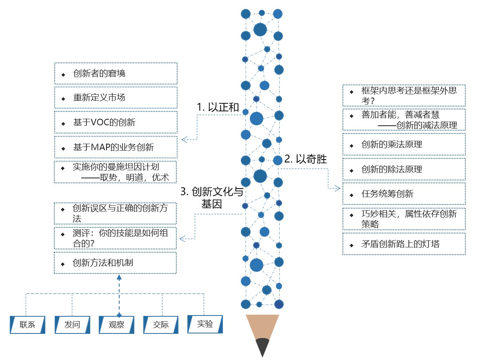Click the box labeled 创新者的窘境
[x=116, y=73]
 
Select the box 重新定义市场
[x=116, y=98]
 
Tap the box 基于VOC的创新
[x=116, y=122]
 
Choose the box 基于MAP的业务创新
[x=116, y=147]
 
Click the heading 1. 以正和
[x=218, y=107]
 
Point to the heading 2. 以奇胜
[x=306, y=159]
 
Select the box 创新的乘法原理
[x=404, y=144]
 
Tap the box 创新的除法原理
[x=404, y=169]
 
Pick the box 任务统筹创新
[x=404, y=194]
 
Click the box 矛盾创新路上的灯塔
[x=404, y=244]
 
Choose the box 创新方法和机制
[x=116, y=263]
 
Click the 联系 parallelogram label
[x=27, y=325]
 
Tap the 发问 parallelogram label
[x=72, y=325]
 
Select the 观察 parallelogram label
[x=116, y=325]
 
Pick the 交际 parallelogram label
[x=161, y=325]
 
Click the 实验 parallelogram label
[x=205, y=324]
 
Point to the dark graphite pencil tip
[x=262, y=348]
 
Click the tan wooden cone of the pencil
[x=262, y=326]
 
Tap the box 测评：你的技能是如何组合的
[x=116, y=238]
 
